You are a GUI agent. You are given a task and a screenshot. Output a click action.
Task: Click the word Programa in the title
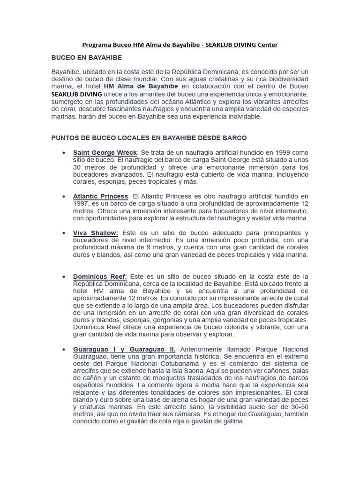tap(95, 45)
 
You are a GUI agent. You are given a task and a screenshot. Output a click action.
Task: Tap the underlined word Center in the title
tap(268, 45)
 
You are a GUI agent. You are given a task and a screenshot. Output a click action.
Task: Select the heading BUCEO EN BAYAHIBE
tap(86, 58)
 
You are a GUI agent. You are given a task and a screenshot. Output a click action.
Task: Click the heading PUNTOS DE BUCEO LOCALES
tap(149, 138)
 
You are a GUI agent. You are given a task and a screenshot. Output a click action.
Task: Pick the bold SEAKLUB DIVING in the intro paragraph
tap(76, 94)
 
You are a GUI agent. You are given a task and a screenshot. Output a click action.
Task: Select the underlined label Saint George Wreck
tap(105, 153)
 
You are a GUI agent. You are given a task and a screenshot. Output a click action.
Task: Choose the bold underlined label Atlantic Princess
tap(100, 196)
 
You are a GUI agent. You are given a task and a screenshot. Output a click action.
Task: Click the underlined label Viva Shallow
tap(96, 233)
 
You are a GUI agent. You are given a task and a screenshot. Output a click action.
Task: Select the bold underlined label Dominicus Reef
tap(100, 277)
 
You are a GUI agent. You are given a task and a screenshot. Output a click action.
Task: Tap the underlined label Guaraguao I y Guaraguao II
tap(124, 350)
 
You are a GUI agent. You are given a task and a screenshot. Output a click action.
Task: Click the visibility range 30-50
tap(298, 407)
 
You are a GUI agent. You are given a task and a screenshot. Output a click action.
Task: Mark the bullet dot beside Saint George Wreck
tap(63, 153)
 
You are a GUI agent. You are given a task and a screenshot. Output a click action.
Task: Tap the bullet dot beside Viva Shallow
tap(63, 233)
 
